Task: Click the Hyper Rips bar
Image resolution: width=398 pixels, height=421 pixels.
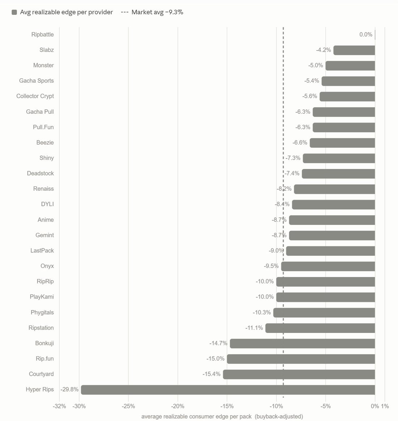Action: pyautogui.click(x=228, y=390)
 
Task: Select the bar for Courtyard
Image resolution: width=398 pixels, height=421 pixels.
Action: pyautogui.click(x=299, y=374)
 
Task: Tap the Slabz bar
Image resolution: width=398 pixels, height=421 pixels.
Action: pyautogui.click(x=354, y=50)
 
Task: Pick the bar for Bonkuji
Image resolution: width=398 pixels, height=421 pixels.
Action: pyautogui.click(x=302, y=343)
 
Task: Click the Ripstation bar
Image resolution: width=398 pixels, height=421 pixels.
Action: pyautogui.click(x=320, y=328)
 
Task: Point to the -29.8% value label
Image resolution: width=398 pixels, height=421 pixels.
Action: pyautogui.click(x=69, y=389)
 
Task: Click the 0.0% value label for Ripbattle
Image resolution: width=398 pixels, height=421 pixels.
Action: pyautogui.click(x=366, y=34)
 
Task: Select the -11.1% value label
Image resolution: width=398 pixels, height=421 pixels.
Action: pyautogui.click(x=254, y=328)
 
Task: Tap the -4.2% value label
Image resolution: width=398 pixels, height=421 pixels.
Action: pyautogui.click(x=323, y=50)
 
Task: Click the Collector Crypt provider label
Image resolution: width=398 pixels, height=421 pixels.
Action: pyautogui.click(x=35, y=96)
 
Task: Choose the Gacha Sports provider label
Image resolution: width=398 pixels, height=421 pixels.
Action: pyautogui.click(x=36, y=81)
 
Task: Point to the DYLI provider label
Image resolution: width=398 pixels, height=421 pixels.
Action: pyautogui.click(x=47, y=204)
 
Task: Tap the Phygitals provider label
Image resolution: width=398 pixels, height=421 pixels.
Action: pyautogui.click(x=42, y=312)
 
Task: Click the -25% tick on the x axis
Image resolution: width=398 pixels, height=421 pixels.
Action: pyautogui.click(x=128, y=406)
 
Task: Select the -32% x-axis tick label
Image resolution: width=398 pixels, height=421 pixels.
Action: pyautogui.click(x=59, y=406)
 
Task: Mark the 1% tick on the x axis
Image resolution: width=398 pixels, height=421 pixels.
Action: pyautogui.click(x=385, y=406)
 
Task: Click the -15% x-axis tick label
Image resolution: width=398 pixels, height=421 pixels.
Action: pyautogui.click(x=227, y=406)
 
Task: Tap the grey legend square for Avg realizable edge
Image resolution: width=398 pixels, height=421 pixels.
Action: pyautogui.click(x=14, y=12)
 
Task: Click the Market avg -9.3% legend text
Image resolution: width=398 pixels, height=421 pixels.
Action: pyautogui.click(x=157, y=12)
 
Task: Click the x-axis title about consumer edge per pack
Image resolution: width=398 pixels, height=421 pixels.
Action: pyautogui.click(x=222, y=416)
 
